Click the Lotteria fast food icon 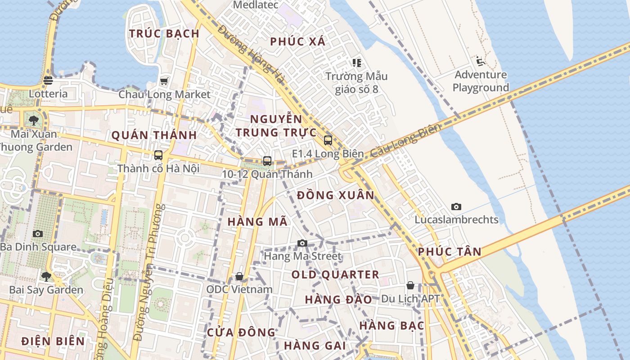pos(48,81)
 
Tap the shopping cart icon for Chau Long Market pos(164,81)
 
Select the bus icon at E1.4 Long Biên pos(328,140)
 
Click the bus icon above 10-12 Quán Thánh pos(267,161)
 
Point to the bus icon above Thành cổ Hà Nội pos(158,155)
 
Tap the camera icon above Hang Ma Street pos(302,243)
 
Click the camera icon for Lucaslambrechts pos(456,207)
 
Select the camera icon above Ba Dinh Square pos(38,234)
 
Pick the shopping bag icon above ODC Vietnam pos(239,276)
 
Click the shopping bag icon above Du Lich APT pos(410,285)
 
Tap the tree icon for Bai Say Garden pos(46,276)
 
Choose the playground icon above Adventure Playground pos(480,61)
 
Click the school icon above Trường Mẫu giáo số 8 pos(357,63)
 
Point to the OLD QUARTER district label pos(335,274)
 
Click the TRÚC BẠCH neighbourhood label pos(164,33)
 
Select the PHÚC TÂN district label pos(450,252)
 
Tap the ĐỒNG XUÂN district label pos(336,195)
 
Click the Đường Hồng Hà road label pos(252,54)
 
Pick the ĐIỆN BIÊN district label pos(53,341)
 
